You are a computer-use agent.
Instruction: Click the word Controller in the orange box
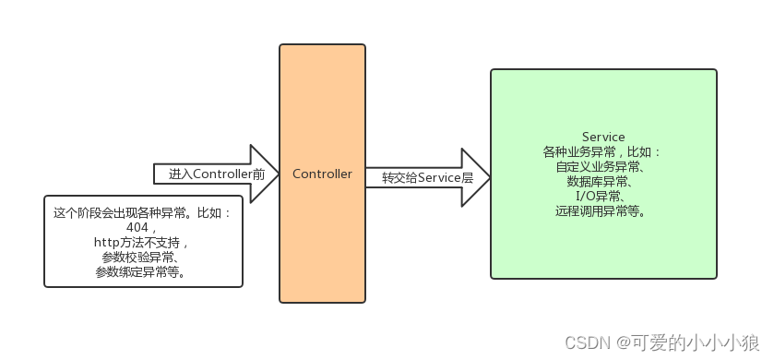322,174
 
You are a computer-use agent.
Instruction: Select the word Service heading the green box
603,137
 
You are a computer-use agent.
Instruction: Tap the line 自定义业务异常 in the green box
603,167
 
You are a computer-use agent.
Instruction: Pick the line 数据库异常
603,182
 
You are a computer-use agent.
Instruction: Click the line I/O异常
603,197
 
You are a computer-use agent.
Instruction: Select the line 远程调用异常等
603,211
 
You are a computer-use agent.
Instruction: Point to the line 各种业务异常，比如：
603,152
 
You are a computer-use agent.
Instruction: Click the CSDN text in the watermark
583,342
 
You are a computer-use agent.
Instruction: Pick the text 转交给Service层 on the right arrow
426,177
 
